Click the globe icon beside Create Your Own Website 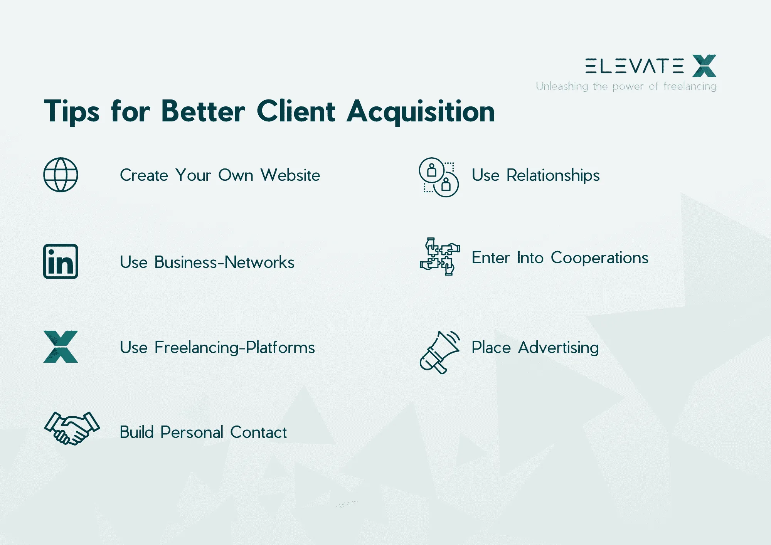(61, 175)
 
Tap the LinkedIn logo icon (61, 261)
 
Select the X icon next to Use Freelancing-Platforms (61, 347)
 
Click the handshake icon (72, 428)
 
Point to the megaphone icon (439, 352)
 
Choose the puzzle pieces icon (439, 256)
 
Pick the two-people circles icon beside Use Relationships (439, 177)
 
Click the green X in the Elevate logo (704, 66)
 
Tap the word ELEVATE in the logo (635, 66)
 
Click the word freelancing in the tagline (690, 86)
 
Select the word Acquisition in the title (421, 112)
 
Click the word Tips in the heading (72, 112)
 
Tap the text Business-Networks (224, 262)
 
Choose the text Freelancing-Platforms (235, 347)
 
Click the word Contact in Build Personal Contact (258, 432)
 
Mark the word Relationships (553, 175)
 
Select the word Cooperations (599, 257)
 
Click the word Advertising (558, 348)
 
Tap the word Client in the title (296, 111)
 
